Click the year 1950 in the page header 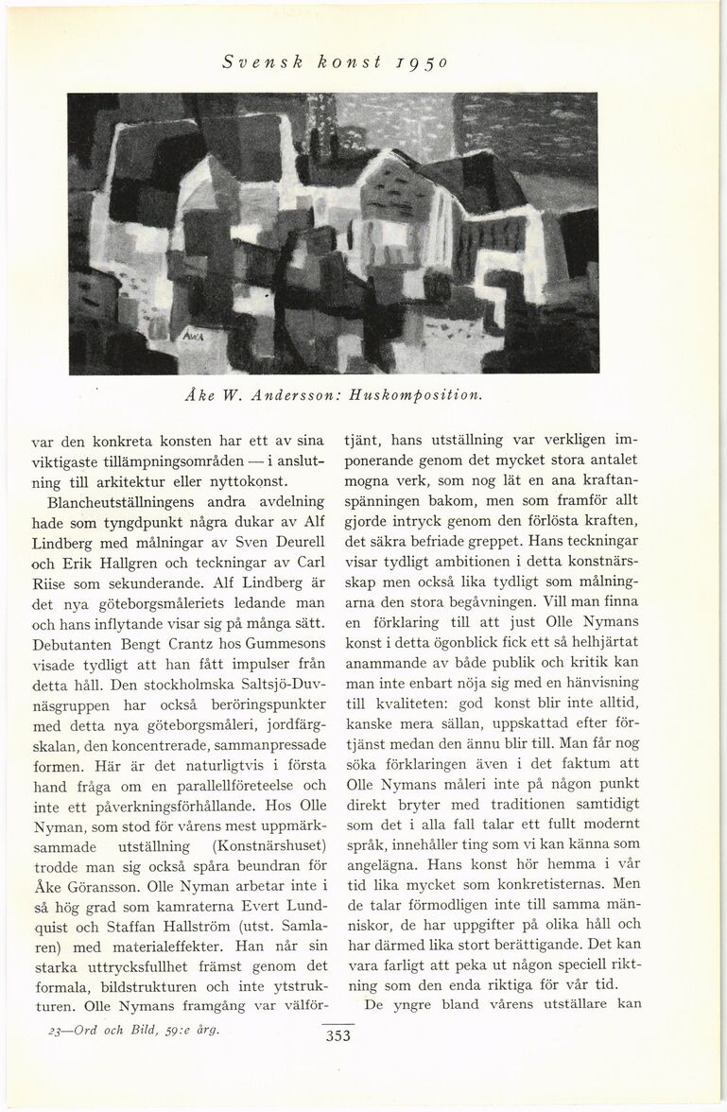(431, 62)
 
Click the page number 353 (338, 1035)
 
